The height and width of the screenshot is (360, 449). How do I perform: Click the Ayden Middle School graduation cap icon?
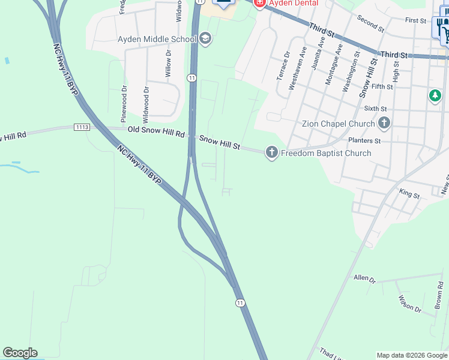click(205, 40)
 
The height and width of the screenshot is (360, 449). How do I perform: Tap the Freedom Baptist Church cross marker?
click(272, 153)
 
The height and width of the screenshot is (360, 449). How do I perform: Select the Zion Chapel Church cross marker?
click(384, 124)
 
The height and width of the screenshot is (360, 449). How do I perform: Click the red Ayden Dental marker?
click(259, 4)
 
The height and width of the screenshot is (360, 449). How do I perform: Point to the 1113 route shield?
click(82, 127)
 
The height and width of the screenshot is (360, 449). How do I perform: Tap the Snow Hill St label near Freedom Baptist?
click(220, 142)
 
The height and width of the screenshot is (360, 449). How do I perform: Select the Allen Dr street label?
click(364, 278)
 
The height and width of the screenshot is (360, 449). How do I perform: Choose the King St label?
click(409, 194)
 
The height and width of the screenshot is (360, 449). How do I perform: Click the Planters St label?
click(365, 141)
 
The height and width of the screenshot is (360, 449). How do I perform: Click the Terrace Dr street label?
click(283, 66)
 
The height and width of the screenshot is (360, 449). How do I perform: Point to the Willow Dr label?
click(168, 64)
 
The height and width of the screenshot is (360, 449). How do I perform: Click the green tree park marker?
click(435, 96)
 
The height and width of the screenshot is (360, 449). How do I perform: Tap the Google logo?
click(20, 353)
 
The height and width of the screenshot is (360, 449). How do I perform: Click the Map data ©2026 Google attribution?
click(411, 355)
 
